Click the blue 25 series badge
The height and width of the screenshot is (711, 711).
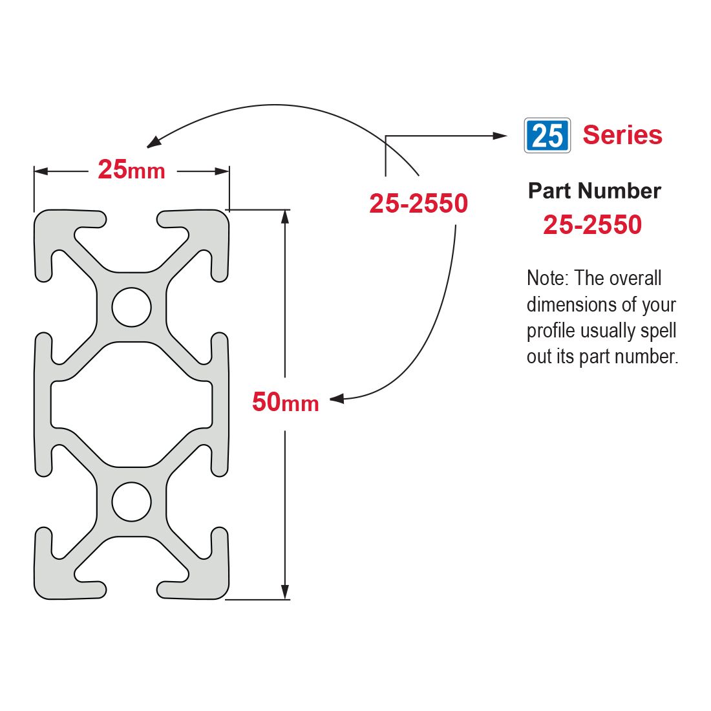pyautogui.click(x=547, y=135)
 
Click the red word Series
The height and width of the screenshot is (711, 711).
pyautogui.click(x=622, y=134)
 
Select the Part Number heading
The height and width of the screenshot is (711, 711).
pyautogui.click(x=595, y=191)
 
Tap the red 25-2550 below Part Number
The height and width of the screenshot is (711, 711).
pyautogui.click(x=592, y=224)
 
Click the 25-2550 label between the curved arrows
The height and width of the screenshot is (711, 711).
pyautogui.click(x=418, y=203)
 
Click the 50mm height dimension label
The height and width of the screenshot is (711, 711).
pyautogui.click(x=285, y=402)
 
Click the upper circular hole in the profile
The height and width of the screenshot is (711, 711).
pyautogui.click(x=131, y=307)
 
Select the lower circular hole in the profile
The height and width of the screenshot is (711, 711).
pyautogui.click(x=131, y=502)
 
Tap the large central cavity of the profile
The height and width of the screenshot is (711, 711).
pyautogui.click(x=131, y=405)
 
